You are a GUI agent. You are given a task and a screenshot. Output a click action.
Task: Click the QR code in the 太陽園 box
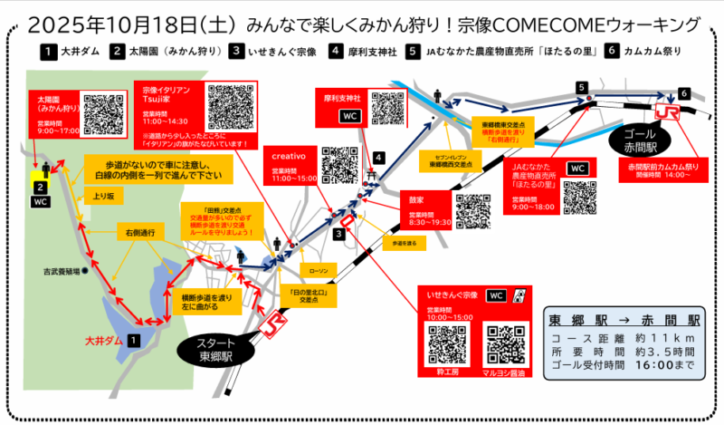coord(101,113)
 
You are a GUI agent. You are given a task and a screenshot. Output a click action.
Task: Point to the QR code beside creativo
coord(340,164)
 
